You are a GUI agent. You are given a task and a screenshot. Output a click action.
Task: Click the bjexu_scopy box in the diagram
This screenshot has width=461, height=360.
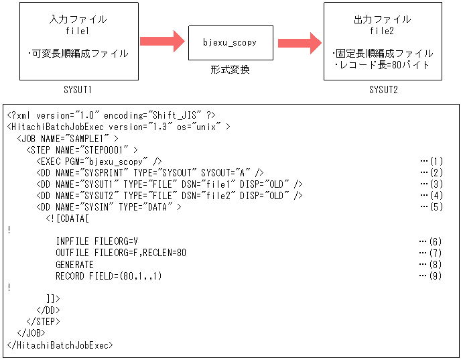click(230, 43)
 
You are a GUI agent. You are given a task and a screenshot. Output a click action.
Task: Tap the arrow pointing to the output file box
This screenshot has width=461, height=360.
click(299, 42)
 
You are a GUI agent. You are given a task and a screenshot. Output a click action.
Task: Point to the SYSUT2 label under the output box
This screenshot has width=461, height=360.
click(383, 89)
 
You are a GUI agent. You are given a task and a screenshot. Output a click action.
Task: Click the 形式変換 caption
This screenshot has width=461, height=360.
click(230, 69)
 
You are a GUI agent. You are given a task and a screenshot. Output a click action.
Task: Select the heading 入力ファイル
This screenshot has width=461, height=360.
click(78, 19)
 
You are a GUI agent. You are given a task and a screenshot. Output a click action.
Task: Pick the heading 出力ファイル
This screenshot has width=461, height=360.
click(384, 19)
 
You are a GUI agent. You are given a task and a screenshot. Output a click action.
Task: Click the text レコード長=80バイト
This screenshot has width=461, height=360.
click(385, 65)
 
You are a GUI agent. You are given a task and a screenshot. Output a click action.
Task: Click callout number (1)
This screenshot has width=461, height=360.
click(432, 161)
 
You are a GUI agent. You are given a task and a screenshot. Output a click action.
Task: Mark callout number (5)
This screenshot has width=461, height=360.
click(432, 207)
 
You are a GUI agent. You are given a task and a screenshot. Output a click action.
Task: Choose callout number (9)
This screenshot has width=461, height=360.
click(432, 276)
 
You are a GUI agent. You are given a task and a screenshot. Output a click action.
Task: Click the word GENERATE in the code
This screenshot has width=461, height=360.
click(74, 265)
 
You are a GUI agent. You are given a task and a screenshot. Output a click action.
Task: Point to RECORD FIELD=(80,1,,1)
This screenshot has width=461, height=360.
click(109, 276)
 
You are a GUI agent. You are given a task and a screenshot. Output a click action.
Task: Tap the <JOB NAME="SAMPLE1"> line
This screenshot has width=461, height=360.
click(68, 138)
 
